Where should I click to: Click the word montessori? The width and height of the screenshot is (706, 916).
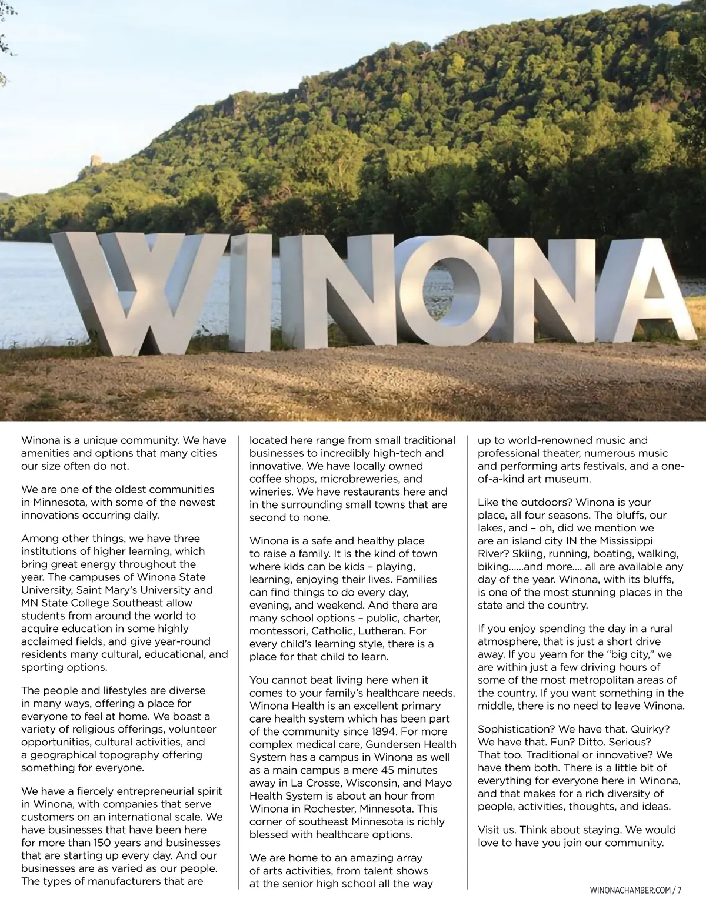(279, 631)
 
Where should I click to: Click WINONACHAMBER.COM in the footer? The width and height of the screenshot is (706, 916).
(629, 890)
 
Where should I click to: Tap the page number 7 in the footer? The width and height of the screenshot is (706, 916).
(680, 890)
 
